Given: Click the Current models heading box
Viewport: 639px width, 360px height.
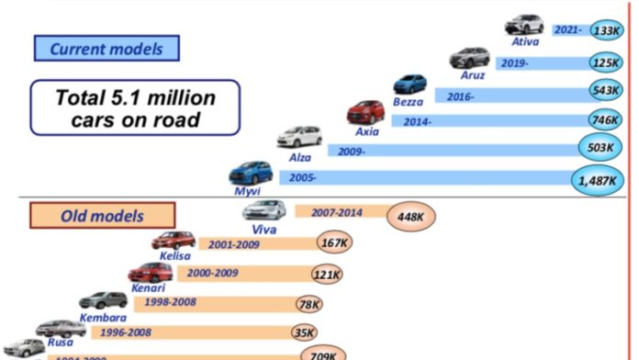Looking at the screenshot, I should [x=106, y=48].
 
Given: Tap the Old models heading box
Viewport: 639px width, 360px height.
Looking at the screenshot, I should [x=103, y=217].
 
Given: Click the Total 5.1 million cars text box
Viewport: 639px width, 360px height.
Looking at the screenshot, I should [x=134, y=107].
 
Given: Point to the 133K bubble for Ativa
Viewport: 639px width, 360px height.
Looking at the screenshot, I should [x=605, y=31].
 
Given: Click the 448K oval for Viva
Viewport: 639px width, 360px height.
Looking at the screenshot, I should [x=411, y=217].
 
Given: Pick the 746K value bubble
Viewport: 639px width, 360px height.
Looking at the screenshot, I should [x=605, y=119].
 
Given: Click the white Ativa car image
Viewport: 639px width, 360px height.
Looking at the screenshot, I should [x=523, y=25].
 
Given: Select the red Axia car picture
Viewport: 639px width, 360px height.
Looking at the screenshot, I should [x=365, y=113].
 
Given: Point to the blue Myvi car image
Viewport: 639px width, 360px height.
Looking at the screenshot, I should [x=250, y=172].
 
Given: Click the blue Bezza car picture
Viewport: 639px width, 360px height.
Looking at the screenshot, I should [x=410, y=84].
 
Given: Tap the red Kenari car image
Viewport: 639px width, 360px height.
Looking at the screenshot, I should [x=150, y=272].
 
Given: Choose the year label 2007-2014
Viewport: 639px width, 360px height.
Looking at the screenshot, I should [x=337, y=212].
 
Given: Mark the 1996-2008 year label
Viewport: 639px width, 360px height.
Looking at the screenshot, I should [x=126, y=332].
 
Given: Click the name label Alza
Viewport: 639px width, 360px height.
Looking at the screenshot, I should [x=299, y=158].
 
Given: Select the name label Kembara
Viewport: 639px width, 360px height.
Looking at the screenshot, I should [x=102, y=317].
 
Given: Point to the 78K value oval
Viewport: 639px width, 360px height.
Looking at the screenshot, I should [x=309, y=304].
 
